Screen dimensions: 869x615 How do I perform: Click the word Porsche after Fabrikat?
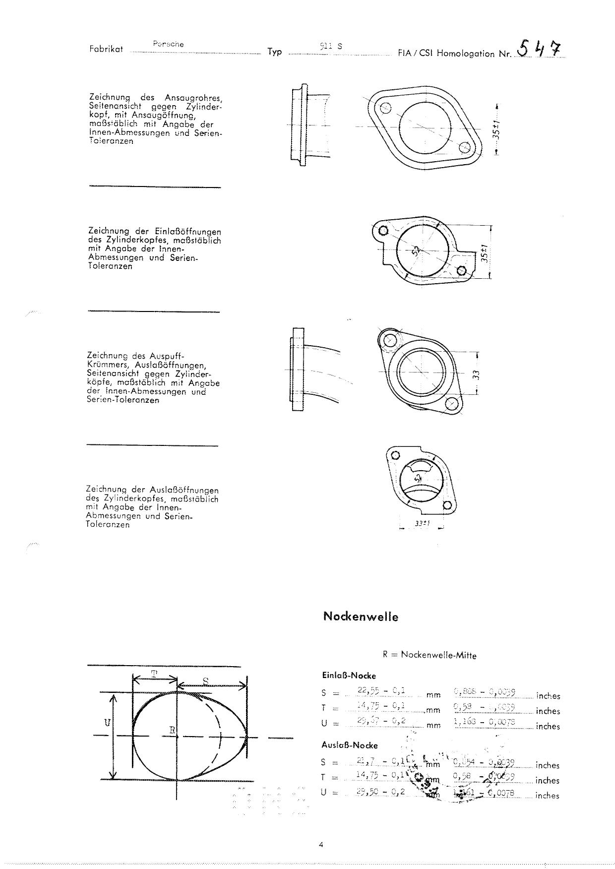point(169,44)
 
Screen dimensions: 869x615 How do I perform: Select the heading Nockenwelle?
point(361,617)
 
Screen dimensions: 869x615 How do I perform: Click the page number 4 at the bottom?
point(321,845)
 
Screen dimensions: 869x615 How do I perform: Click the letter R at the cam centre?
point(172,730)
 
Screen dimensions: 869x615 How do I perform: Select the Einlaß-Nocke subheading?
point(349,676)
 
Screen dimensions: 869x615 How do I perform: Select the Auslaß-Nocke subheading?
point(350,745)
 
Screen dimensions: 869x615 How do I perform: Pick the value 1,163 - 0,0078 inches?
point(485,722)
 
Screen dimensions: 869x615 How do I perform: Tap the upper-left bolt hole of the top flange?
point(385,108)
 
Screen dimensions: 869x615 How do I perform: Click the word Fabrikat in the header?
point(106,50)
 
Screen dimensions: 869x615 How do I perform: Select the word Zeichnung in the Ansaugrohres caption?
point(109,97)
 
